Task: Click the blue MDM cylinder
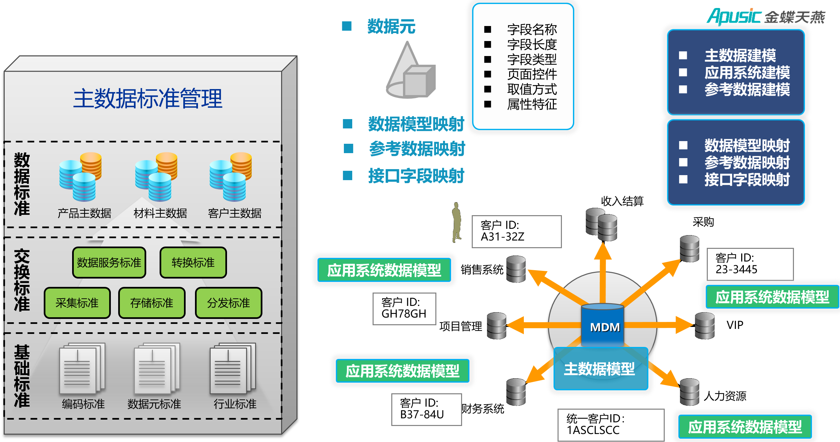point(602,325)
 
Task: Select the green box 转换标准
point(193,263)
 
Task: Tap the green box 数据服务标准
point(109,263)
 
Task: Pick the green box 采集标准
point(77,303)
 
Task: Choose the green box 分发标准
point(229,303)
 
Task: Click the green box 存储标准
point(152,303)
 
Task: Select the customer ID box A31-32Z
point(516,231)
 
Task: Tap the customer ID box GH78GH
point(404,309)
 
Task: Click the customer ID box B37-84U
point(426,409)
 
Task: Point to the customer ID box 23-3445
point(750,264)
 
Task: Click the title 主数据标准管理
point(148,99)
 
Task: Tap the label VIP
point(735,325)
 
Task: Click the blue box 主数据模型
point(600,369)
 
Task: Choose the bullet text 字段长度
point(532,44)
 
